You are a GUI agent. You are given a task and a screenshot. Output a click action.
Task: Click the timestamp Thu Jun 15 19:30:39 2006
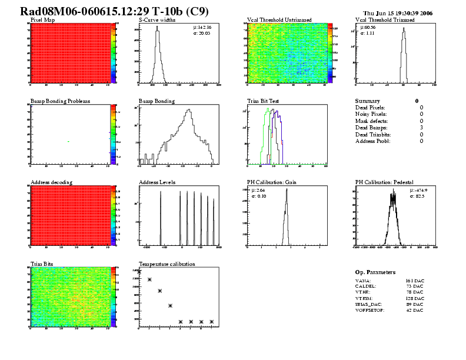pyautogui.click(x=398, y=13)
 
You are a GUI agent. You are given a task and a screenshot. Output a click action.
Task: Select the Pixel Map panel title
pyautogui.click(x=43, y=20)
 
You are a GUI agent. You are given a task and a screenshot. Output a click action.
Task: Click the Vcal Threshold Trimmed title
pyautogui.click(x=385, y=20)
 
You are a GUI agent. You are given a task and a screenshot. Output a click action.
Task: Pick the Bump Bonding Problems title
pyautogui.click(x=60, y=101)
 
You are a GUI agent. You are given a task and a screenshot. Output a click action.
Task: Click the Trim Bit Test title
pyautogui.click(x=262, y=101)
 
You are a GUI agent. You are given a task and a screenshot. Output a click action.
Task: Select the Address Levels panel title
pyautogui.click(x=157, y=182)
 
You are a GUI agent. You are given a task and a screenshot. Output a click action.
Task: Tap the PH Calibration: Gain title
pyautogui.click(x=274, y=182)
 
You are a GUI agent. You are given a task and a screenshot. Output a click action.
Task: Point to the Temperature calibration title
pyautogui.click(x=167, y=264)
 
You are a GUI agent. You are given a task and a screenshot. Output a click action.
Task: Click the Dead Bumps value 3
pyautogui.click(x=421, y=128)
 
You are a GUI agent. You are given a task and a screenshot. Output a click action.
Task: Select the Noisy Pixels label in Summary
pyautogui.click(x=371, y=114)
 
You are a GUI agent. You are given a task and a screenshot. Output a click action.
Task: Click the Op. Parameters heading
pyautogui.click(x=375, y=272)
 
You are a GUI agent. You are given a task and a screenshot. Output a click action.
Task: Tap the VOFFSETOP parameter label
pyautogui.click(x=370, y=310)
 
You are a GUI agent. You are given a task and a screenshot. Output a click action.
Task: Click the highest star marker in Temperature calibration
pyautogui.click(x=139, y=272)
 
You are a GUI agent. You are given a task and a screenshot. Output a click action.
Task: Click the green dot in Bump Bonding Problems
pyautogui.click(x=69, y=141)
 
